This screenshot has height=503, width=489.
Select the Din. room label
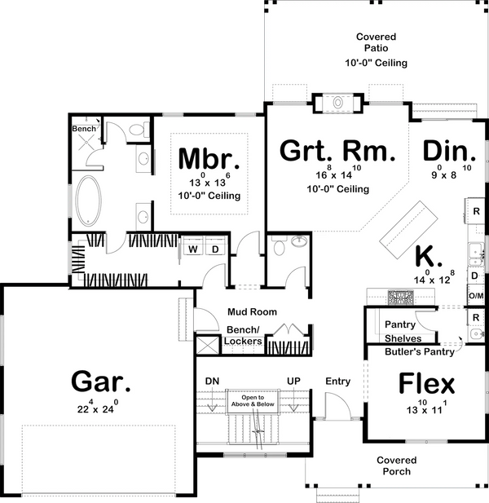click(449, 152)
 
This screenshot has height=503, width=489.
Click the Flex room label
click(426, 383)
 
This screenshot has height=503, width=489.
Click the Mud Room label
click(253, 311)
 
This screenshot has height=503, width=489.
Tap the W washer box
click(196, 249)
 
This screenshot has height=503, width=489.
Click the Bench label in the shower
click(83, 129)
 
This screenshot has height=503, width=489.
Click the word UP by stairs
click(294, 381)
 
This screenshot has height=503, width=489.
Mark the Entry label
click(337, 381)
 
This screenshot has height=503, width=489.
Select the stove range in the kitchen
click(401, 296)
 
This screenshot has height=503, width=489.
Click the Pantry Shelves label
click(400, 330)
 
